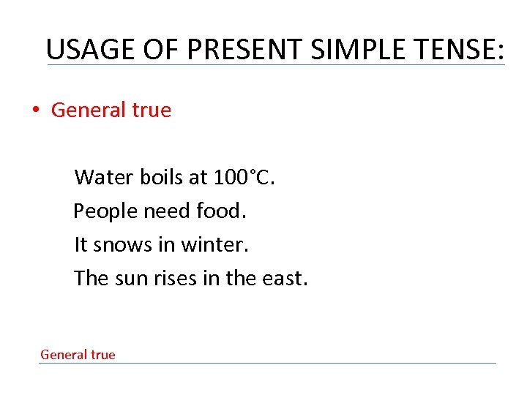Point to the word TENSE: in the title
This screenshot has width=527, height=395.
coord(461,49)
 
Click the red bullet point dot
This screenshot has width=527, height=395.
coord(34,111)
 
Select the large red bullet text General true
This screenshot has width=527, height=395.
coord(111,110)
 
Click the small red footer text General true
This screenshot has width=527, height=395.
coord(78,355)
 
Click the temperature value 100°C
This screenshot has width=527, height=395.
coord(244,177)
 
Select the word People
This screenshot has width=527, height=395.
coord(106,211)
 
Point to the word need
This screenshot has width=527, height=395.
coord(168,211)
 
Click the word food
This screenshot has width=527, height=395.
coord(223,211)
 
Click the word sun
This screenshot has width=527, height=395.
coord(132,279)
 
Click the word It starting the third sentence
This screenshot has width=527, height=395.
coord(81,245)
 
